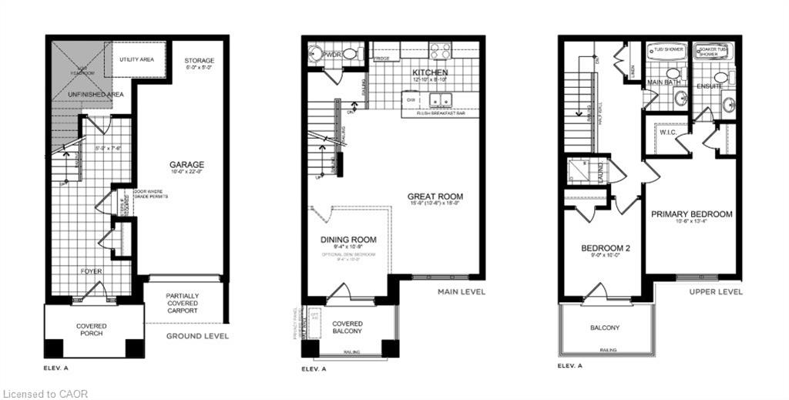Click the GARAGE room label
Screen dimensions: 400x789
pos(187,164)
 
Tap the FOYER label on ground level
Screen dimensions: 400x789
pos(92,271)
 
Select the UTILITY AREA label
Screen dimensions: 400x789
pos(139,59)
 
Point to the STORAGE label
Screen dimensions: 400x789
pos(199,60)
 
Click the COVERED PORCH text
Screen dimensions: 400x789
pos(92,331)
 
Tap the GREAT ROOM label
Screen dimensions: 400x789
pos(435,197)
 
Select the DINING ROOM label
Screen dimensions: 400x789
pos(348,240)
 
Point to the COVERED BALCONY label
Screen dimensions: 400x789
pos(347,327)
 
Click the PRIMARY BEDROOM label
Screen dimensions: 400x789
pos(691,213)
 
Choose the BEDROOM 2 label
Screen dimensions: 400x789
pos(605,248)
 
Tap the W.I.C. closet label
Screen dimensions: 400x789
pos(667,132)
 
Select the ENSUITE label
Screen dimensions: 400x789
pos(710,86)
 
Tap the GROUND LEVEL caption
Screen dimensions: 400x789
pos(197,336)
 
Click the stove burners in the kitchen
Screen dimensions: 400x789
pos(440,51)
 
